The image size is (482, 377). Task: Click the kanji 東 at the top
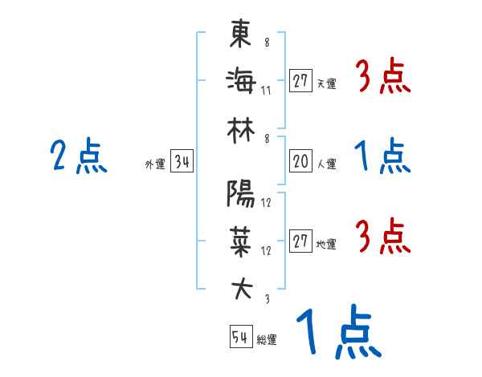pyautogui.click(x=241, y=35)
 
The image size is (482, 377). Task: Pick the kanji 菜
pyautogui.click(x=241, y=240)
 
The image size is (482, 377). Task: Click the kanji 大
pyautogui.click(x=241, y=288)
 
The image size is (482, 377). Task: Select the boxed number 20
pyautogui.click(x=300, y=161)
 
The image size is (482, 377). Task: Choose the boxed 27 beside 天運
pyautogui.click(x=300, y=81)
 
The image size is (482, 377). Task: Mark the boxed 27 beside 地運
pyautogui.click(x=300, y=241)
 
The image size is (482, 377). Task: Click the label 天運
pyautogui.click(x=326, y=83)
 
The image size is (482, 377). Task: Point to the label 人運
pyautogui.click(x=326, y=164)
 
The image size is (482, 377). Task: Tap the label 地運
pyautogui.click(x=326, y=244)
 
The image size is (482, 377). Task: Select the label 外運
pyautogui.click(x=154, y=164)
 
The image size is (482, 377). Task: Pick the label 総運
pyautogui.click(x=267, y=339)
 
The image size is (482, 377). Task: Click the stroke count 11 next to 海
pyautogui.click(x=266, y=90)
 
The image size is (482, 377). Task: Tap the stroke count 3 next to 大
pyautogui.click(x=266, y=298)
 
